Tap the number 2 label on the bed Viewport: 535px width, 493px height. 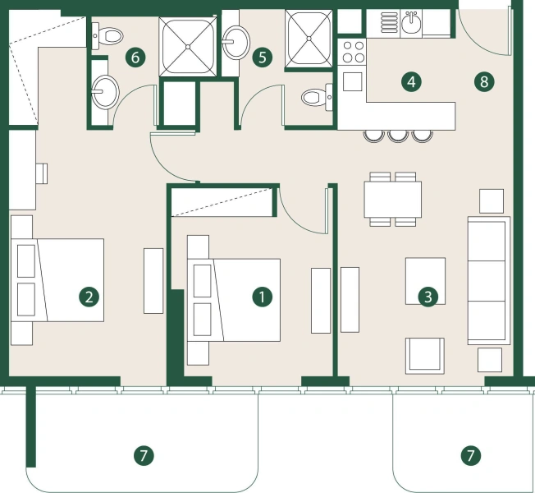tap(89, 297)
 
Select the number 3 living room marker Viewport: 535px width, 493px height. tap(426, 297)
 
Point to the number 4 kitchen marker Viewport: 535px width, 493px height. tap(411, 81)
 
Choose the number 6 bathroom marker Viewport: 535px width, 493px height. tap(137, 58)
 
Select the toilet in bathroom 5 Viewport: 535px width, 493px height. tap(313, 98)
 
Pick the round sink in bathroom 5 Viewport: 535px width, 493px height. tap(238, 39)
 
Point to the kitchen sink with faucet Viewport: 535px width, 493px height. tap(410, 23)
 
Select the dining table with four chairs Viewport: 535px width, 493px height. tap(392, 199)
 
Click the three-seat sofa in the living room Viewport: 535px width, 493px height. tap(488, 280)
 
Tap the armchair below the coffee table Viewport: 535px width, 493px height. tap(425, 354)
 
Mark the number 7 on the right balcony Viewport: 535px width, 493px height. tap(470, 454)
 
